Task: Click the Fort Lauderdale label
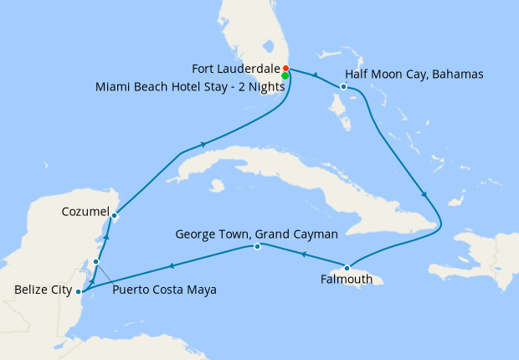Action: pyautogui.click(x=235, y=68)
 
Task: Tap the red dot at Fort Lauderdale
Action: pyautogui.click(x=285, y=68)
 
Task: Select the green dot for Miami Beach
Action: pyautogui.click(x=285, y=76)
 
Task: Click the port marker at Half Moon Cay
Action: pyautogui.click(x=344, y=86)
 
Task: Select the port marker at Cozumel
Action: pyautogui.click(x=114, y=215)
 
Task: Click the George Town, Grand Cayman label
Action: pyautogui.click(x=257, y=234)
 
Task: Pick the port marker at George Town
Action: pyautogui.click(x=257, y=246)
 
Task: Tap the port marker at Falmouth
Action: pyautogui.click(x=347, y=268)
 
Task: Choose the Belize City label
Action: pyautogui.click(x=40, y=290)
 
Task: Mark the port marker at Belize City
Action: pyautogui.click(x=78, y=291)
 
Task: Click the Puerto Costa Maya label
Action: pyautogui.click(x=164, y=290)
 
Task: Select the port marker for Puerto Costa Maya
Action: pyautogui.click(x=96, y=262)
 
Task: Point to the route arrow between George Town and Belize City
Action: pyautogui.click(x=172, y=266)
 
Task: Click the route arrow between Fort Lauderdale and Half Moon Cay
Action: pyautogui.click(x=314, y=76)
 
